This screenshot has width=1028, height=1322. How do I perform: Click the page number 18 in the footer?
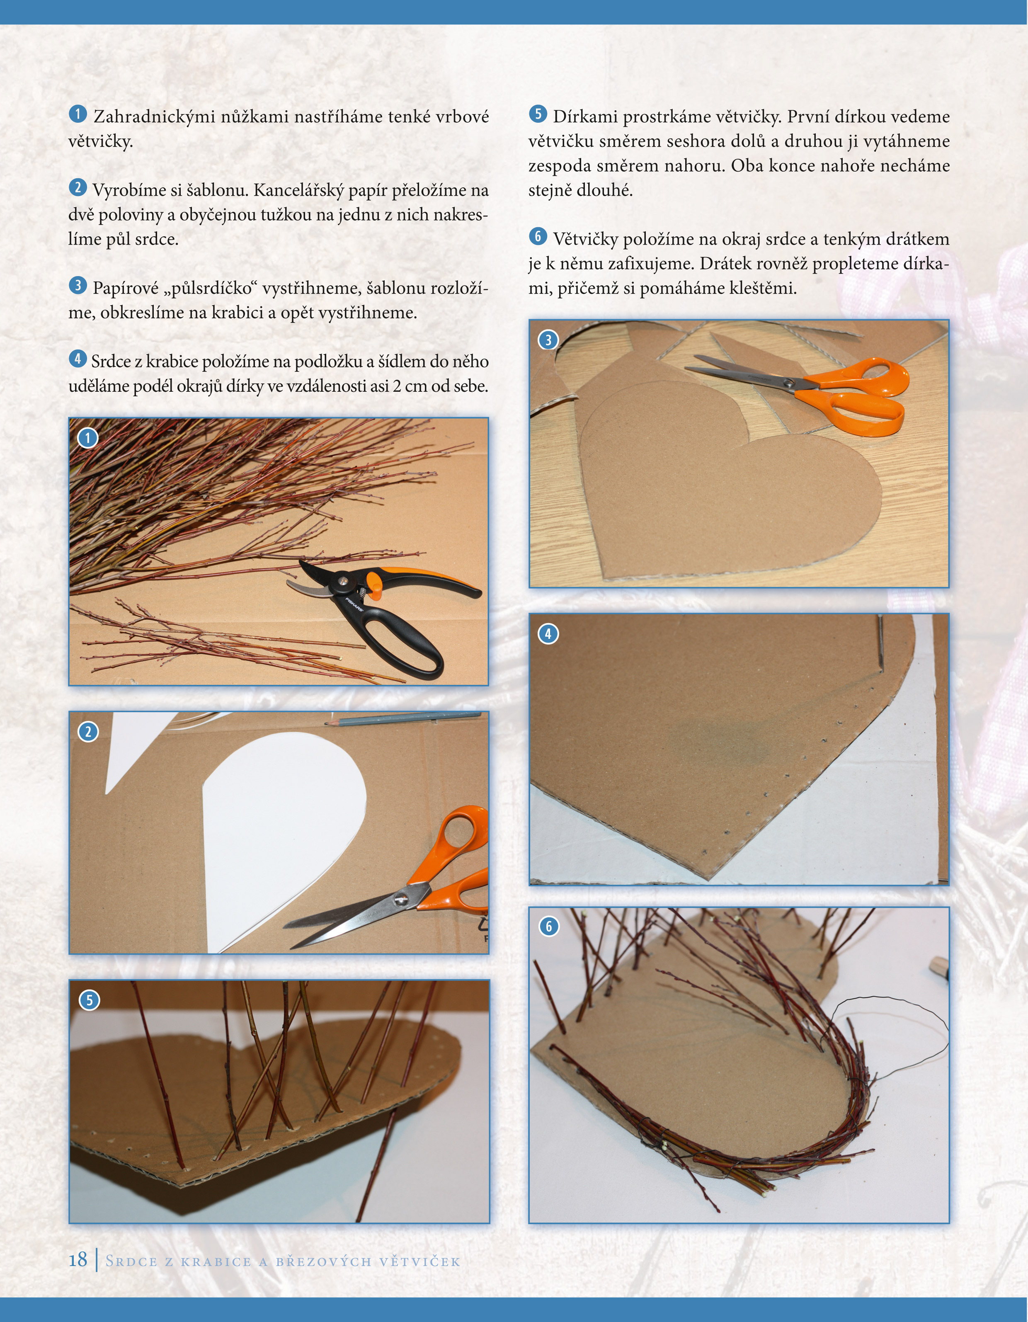[x=78, y=1260]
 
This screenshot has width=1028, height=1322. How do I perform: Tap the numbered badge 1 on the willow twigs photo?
[x=88, y=438]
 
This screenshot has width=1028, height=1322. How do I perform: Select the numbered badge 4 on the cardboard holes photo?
[x=548, y=634]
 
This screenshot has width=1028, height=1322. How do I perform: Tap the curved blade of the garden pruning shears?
[x=315, y=571]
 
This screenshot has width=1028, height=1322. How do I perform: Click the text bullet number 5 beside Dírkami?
[x=538, y=114]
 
